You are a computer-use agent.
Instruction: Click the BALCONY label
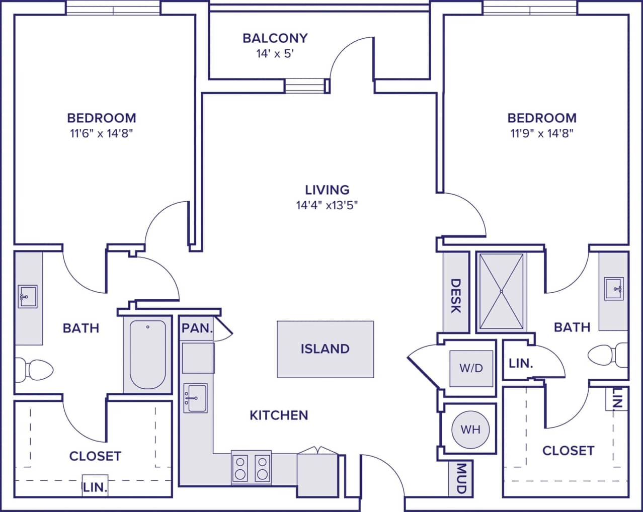point(275,38)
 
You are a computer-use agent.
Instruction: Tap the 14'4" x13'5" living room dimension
point(327,205)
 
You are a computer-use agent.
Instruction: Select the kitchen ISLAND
point(325,349)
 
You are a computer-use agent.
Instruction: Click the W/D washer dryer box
point(471,368)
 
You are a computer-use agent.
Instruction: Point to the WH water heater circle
point(470,430)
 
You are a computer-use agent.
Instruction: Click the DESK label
point(455,296)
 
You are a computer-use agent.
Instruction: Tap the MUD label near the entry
point(461,478)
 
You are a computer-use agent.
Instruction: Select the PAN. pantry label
point(197,328)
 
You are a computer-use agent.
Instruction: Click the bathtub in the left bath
point(147,355)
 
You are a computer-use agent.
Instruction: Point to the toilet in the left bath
point(35,370)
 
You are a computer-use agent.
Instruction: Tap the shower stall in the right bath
point(501,291)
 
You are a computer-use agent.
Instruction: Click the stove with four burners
point(251,468)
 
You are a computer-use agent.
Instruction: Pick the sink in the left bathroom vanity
point(27,296)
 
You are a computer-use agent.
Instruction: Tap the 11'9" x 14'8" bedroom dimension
point(542,133)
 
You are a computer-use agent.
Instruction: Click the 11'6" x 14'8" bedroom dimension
point(102,133)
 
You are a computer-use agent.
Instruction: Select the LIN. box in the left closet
point(95,486)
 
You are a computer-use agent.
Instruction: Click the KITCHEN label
point(279,415)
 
